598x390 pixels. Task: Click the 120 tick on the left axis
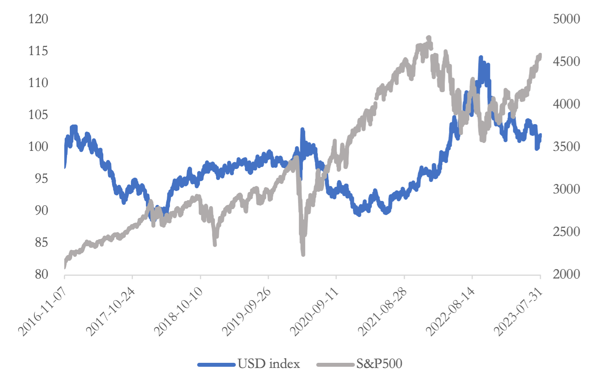[38, 19]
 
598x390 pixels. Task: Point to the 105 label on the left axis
[38, 115]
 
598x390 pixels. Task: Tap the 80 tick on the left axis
[41, 274]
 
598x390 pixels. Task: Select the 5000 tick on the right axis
[566, 19]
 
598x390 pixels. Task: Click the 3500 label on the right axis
[566, 147]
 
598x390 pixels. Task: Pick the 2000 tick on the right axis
[566, 274]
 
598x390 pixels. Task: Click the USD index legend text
[269, 364]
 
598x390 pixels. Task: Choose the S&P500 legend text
[379, 364]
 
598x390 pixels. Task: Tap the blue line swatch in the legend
[216, 364]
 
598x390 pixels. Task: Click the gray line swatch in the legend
[335, 364]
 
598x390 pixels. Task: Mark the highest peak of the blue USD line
[481, 58]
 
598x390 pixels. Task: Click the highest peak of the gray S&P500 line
[429, 38]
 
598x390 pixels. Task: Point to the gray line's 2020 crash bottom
[303, 254]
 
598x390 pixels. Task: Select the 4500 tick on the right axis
[566, 61]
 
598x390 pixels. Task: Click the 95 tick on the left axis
[41, 178]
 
